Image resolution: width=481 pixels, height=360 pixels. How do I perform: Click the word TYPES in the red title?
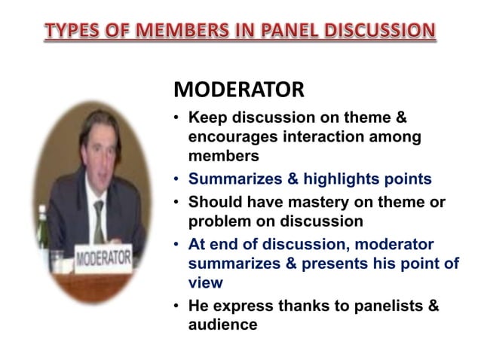pyautogui.click(x=72, y=31)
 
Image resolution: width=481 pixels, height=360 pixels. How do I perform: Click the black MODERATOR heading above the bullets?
pyautogui.click(x=239, y=90)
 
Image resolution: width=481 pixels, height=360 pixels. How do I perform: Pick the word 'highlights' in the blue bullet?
pyautogui.click(x=336, y=179)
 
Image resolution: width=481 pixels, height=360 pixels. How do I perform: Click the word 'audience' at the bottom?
pyautogui.click(x=222, y=325)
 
